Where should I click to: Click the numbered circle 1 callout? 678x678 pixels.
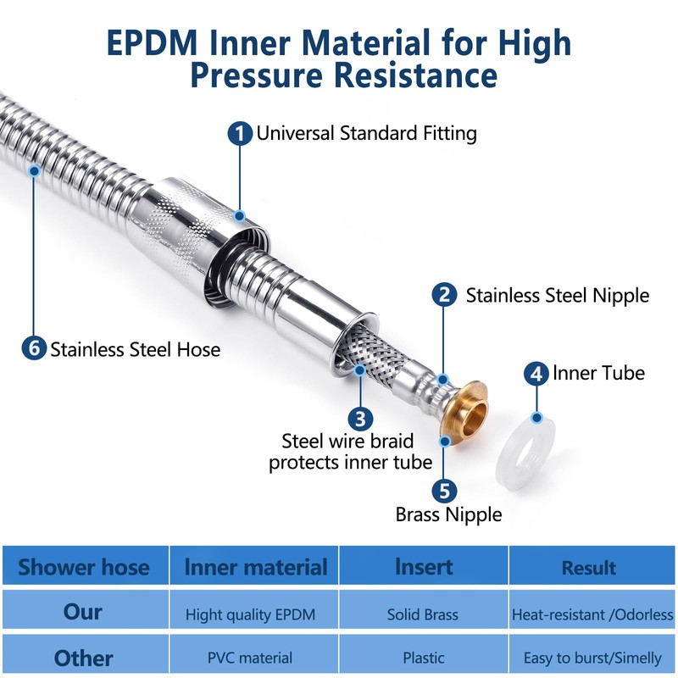click(241, 134)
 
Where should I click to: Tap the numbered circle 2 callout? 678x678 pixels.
click(444, 295)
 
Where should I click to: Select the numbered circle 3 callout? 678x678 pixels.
click(360, 418)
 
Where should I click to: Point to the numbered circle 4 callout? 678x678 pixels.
click(536, 374)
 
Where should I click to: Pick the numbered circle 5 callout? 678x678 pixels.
click(444, 491)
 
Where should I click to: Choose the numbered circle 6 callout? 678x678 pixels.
click(34, 348)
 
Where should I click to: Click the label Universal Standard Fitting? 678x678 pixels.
click(366, 133)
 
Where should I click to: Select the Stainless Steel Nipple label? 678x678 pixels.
click(557, 295)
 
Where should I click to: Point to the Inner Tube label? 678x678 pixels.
click(598, 373)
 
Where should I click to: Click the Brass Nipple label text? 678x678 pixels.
click(448, 514)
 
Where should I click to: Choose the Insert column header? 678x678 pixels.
click(423, 566)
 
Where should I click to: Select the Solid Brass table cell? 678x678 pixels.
click(423, 614)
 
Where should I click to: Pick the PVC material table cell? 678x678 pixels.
click(250, 658)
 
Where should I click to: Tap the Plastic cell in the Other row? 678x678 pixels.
click(423, 658)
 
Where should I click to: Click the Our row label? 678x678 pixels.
click(83, 612)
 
